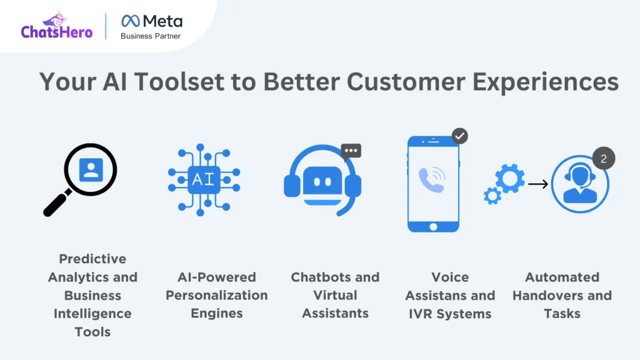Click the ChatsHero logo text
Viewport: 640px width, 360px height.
point(57,32)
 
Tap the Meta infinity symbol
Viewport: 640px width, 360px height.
point(131,21)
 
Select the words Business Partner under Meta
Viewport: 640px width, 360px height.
point(151,36)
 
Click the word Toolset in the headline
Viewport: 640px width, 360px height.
point(179,81)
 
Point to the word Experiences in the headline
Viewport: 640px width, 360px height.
point(545,82)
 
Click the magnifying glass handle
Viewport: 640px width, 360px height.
point(57,203)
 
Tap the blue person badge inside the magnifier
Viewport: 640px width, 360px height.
point(91,169)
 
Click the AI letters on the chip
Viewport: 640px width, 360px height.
point(203,179)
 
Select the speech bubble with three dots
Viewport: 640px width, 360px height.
point(351,151)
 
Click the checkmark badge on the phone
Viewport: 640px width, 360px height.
point(459,136)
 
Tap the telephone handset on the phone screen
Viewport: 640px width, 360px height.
point(431,179)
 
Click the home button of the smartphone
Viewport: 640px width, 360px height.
point(434,226)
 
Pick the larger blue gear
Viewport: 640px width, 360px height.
point(510,178)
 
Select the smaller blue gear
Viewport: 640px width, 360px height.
point(492,196)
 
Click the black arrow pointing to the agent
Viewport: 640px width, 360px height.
point(538,184)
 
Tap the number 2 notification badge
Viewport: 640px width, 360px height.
point(604,158)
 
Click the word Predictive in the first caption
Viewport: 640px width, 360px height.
point(92,259)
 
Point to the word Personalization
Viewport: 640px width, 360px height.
point(217,295)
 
